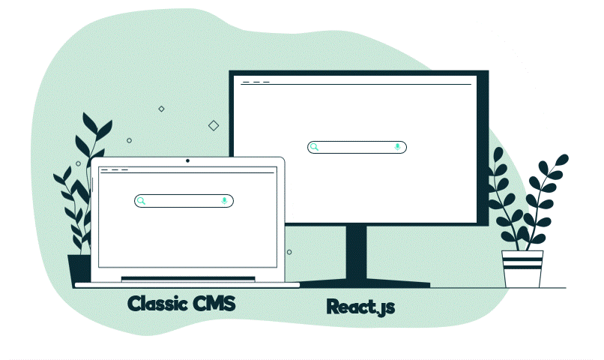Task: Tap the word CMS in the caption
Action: click(x=214, y=304)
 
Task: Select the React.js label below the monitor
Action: click(x=360, y=307)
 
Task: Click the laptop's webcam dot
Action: click(x=187, y=160)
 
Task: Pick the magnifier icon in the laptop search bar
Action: click(x=141, y=200)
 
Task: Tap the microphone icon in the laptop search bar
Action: click(x=224, y=200)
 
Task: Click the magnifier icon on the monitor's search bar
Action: click(x=315, y=147)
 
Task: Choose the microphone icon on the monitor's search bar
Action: click(x=397, y=147)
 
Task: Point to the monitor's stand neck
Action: click(x=356, y=251)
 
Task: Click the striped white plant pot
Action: click(x=522, y=268)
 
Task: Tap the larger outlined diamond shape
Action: click(x=214, y=125)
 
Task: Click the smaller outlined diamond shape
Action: click(x=161, y=109)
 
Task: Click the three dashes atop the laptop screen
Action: click(x=114, y=170)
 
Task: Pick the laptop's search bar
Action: click(x=184, y=200)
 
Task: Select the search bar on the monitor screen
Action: click(x=357, y=147)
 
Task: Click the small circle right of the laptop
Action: click(x=289, y=252)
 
